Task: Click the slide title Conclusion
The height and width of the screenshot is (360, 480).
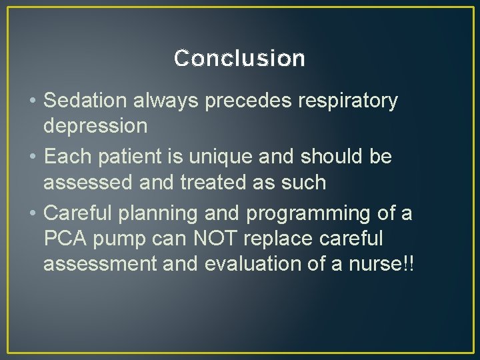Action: click(x=239, y=59)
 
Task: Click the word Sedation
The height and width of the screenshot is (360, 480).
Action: click(x=85, y=101)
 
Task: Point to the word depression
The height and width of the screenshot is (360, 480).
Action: click(x=95, y=126)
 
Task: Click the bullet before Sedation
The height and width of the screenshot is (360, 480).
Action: click(x=32, y=101)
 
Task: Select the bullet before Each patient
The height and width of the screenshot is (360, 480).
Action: click(x=32, y=158)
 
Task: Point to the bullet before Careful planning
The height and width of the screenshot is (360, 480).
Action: click(x=32, y=214)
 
